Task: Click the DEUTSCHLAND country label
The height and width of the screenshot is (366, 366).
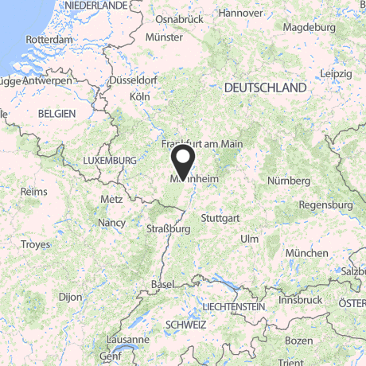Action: (x=266, y=87)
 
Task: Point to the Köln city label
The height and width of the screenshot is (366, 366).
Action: (x=139, y=96)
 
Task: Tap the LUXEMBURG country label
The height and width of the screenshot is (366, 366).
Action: (x=110, y=160)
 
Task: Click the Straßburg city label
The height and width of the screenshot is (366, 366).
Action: (x=168, y=228)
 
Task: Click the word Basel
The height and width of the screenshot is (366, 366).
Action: (x=162, y=284)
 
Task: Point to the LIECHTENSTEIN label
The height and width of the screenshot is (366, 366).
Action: (x=233, y=306)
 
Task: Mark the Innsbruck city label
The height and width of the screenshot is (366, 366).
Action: (x=301, y=300)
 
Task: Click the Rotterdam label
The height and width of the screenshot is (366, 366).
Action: (x=49, y=38)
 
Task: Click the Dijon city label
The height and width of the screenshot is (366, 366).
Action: (x=70, y=297)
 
